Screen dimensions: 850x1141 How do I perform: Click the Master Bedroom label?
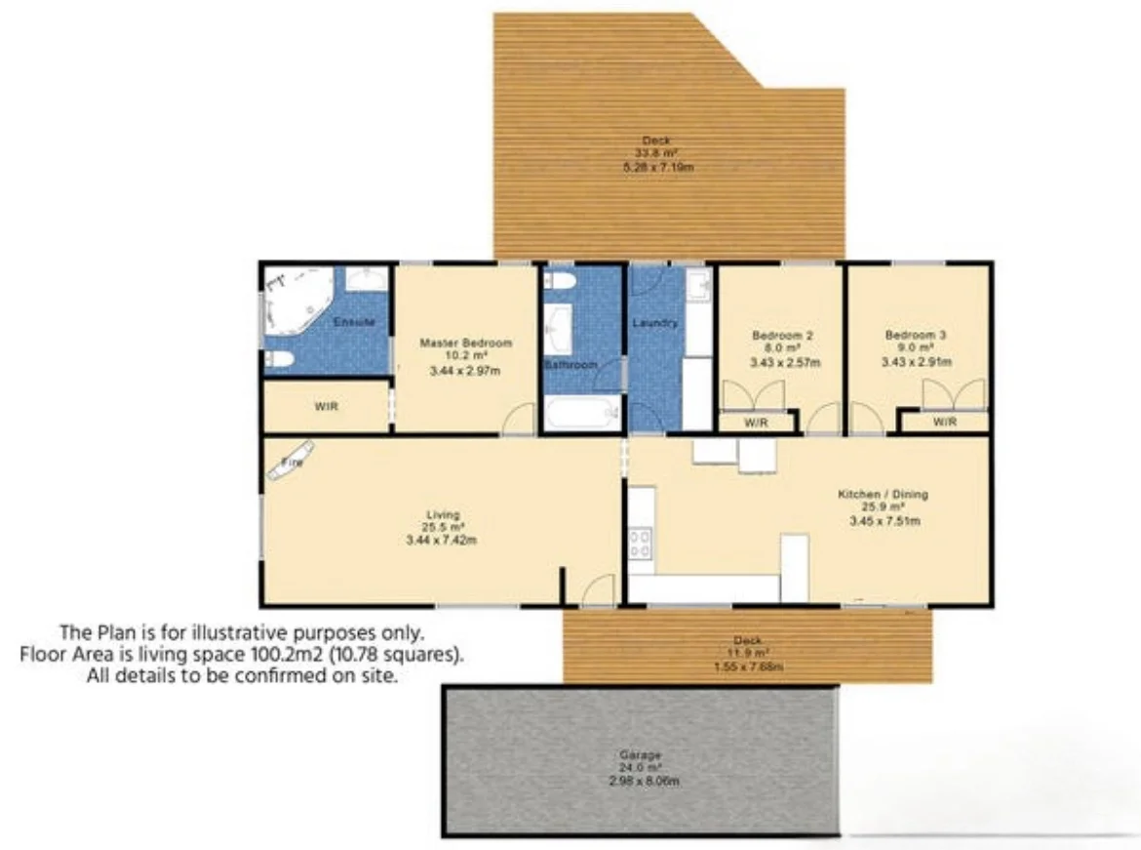click(x=465, y=343)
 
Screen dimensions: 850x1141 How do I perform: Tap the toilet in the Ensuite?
click(x=278, y=360)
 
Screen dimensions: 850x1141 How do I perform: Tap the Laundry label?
click(x=654, y=323)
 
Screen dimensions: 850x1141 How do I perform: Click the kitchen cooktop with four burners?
click(x=641, y=543)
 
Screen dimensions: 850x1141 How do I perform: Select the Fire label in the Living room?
click(x=293, y=463)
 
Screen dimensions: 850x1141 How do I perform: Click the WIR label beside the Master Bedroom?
click(x=326, y=407)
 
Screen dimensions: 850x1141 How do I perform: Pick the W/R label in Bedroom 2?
click(x=756, y=423)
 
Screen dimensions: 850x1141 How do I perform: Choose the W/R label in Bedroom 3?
click(x=944, y=422)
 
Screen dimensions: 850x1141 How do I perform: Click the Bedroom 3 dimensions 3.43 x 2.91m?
click(x=916, y=362)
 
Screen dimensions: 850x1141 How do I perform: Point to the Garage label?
click(x=640, y=755)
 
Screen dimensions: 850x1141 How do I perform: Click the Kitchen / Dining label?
click(x=883, y=495)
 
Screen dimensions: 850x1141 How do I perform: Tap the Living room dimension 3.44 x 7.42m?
click(x=442, y=540)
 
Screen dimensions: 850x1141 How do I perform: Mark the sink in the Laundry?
click(x=696, y=286)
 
